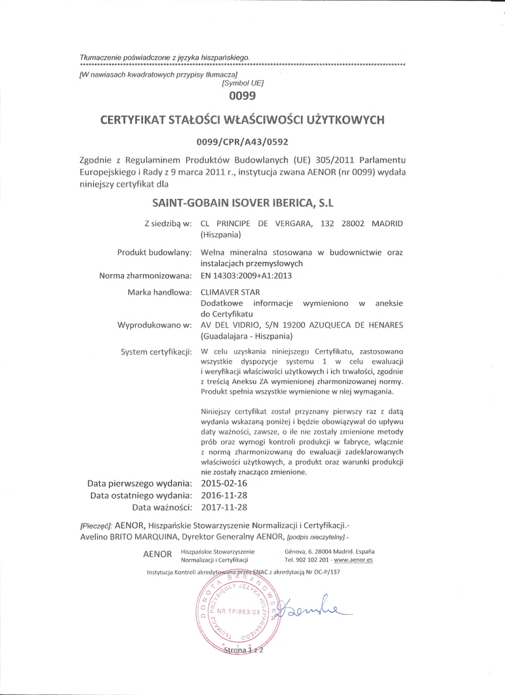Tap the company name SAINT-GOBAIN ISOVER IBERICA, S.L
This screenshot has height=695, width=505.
pyautogui.click(x=242, y=203)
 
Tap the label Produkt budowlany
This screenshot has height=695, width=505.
pyautogui.click(x=155, y=252)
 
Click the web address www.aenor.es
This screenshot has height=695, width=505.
pyautogui.click(x=353, y=561)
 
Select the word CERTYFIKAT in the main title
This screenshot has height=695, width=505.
pyautogui.click(x=134, y=120)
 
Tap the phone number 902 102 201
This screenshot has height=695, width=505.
pyautogui.click(x=312, y=561)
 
